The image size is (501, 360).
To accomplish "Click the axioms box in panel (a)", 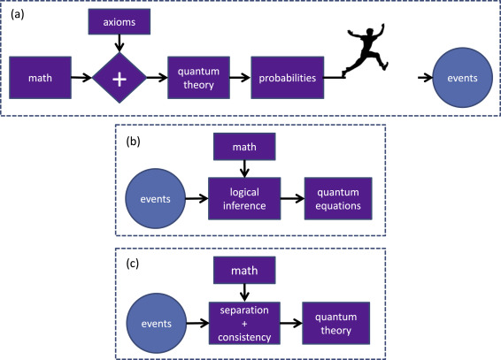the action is coord(119,22).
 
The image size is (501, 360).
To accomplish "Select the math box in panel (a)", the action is coord(40,78).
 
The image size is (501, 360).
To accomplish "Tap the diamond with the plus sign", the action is coord(119,78).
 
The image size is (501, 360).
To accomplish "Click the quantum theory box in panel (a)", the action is coord(199,78).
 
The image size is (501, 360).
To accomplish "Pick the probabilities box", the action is coord(288,78).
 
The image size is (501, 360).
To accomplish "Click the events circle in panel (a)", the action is coord(462,78).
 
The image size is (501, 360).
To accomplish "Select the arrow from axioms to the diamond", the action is coord(119,43).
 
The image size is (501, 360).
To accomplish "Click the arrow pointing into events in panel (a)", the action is coord(425,78).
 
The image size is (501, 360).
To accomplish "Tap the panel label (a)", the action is coord(17,15).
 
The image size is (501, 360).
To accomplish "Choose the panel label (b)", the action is coord(134,141).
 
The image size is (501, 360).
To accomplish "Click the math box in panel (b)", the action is coord(244,147).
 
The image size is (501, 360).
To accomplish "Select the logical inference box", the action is coord(244,198).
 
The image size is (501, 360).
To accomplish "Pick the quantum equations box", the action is coord(338,198).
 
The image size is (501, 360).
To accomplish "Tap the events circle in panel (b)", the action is coord(155,198).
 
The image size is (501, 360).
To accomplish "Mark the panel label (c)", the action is coord(133,264).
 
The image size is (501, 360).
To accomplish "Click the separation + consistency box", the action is coord(244,323).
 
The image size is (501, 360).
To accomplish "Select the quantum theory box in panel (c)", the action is coord(335,323).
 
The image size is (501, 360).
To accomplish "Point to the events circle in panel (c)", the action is coord(157,323).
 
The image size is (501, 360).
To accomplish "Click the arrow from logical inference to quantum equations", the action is coord(292,198).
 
